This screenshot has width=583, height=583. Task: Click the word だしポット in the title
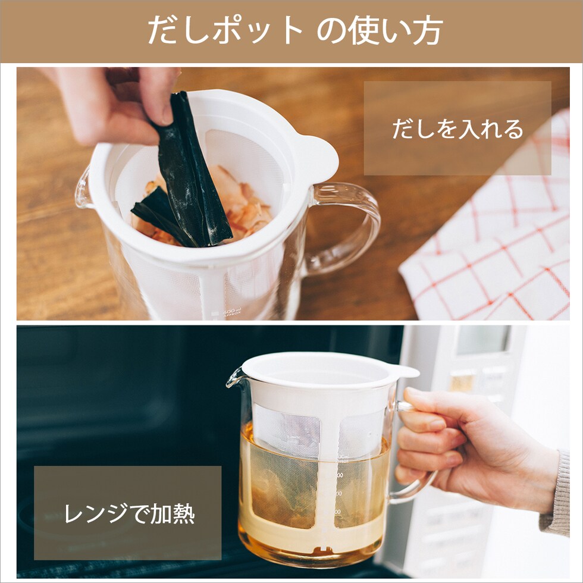225,30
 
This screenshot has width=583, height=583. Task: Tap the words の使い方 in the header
380,30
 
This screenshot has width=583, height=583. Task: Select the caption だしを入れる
457,128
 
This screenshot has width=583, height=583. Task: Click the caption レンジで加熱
130,513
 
